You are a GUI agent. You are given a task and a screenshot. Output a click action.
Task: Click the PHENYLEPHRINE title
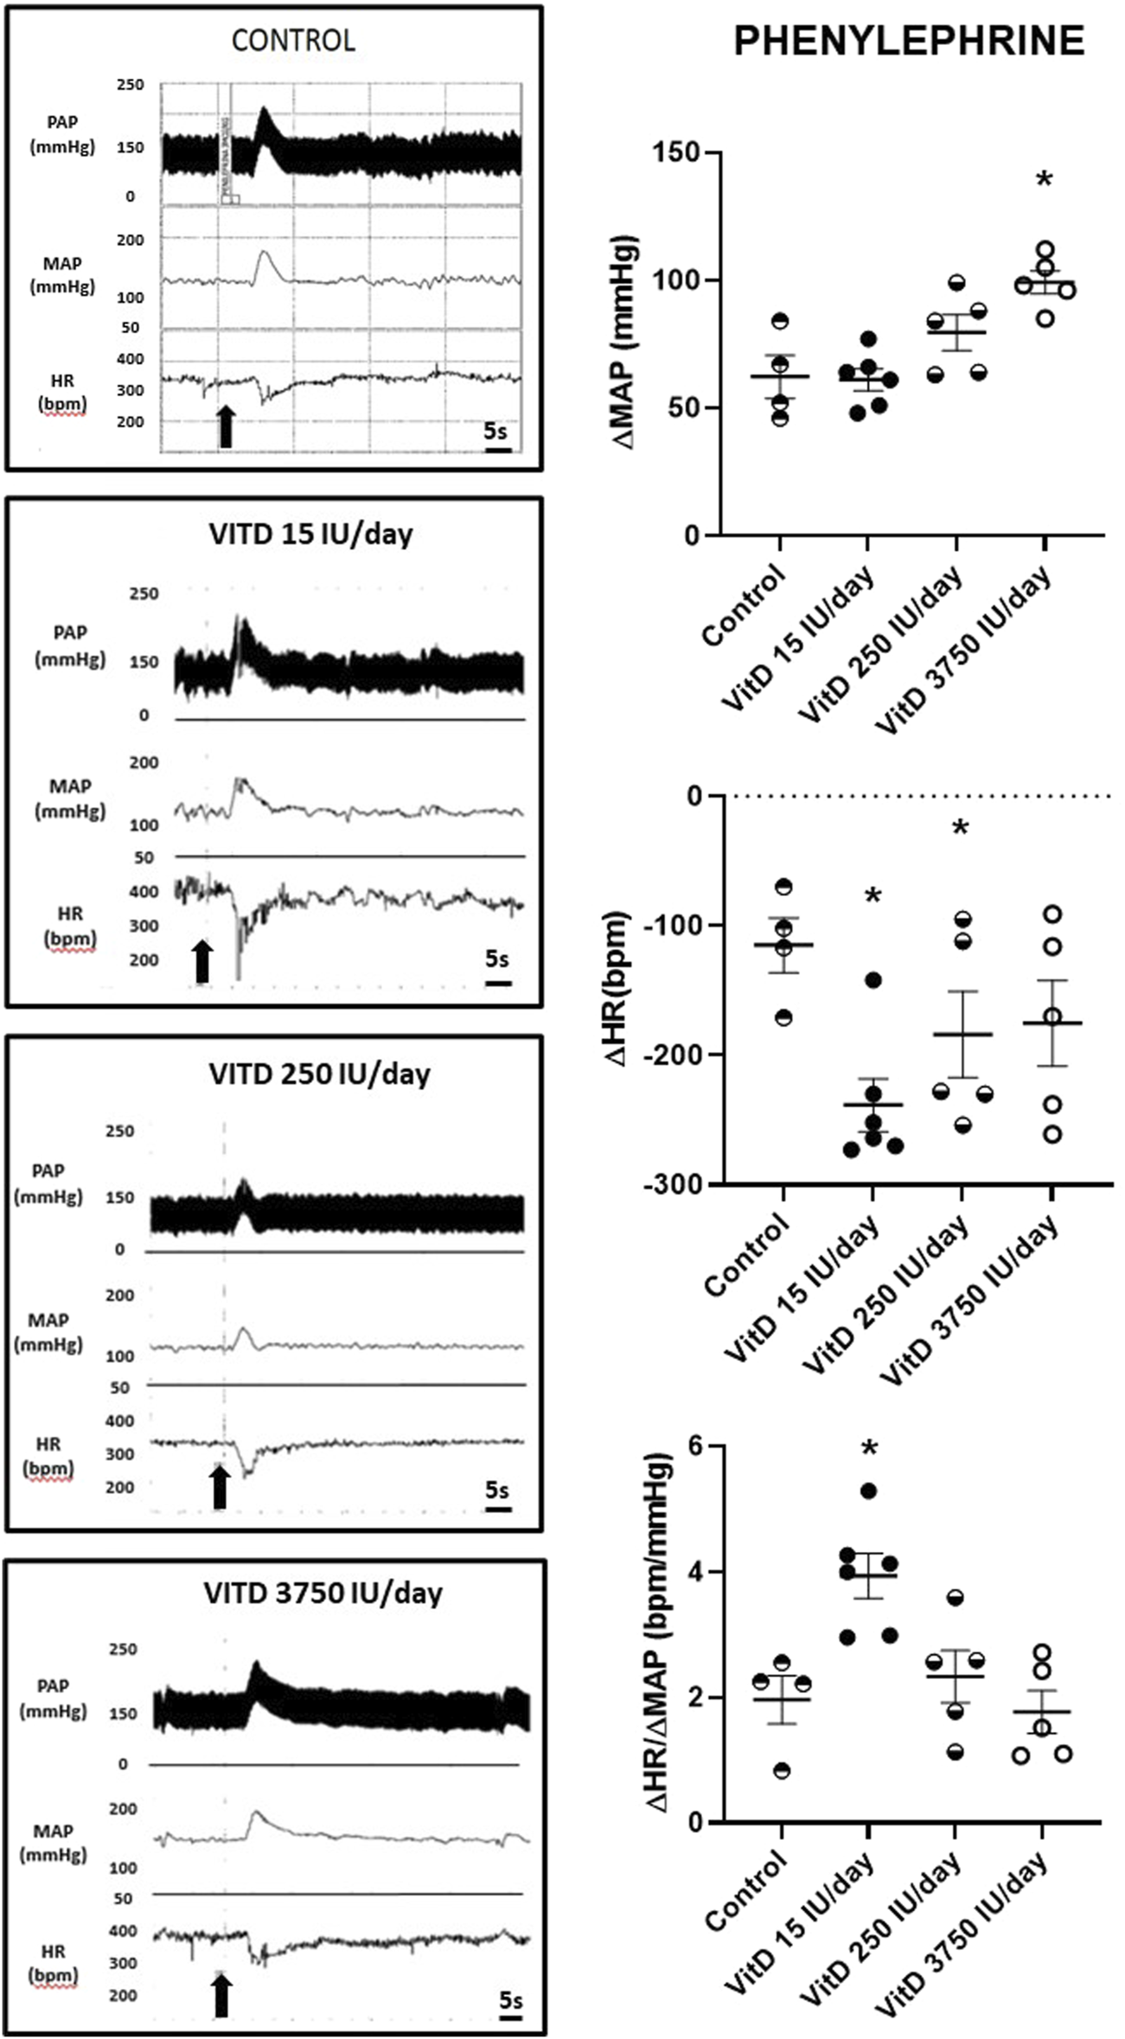[x=909, y=42]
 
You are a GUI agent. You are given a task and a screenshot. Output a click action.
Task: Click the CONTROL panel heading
[x=293, y=41]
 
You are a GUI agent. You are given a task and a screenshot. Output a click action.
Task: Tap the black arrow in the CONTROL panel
[x=226, y=426]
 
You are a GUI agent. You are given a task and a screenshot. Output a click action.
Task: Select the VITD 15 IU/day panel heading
[x=310, y=534]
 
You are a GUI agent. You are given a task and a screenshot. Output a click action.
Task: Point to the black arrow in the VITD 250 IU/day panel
[x=220, y=1485]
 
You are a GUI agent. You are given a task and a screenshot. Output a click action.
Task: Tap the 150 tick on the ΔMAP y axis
[x=678, y=153]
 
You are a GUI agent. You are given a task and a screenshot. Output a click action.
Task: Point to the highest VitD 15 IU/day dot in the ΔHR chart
[x=873, y=979]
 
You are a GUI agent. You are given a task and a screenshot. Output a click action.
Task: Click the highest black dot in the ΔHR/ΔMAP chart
[x=869, y=1491]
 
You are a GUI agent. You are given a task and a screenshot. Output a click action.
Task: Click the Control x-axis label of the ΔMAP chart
[x=745, y=606]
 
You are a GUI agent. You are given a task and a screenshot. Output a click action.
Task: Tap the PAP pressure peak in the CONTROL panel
[x=264, y=110]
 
